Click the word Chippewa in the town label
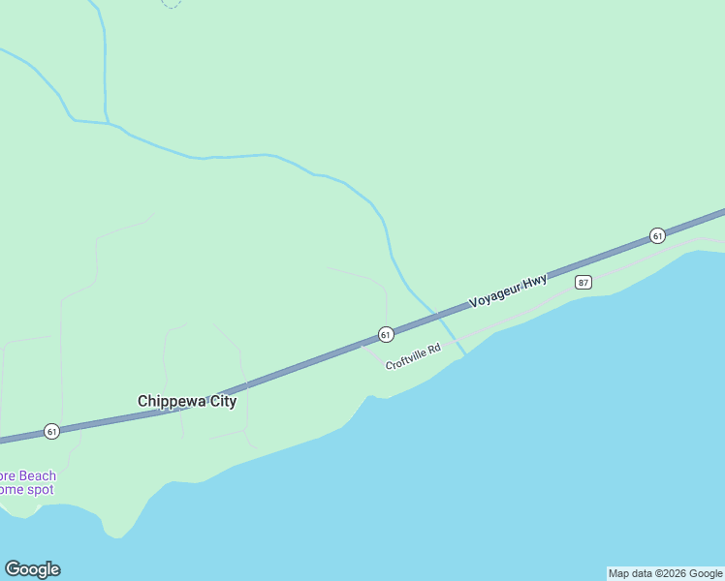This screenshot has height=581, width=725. tap(171, 401)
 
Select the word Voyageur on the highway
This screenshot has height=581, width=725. tap(494, 294)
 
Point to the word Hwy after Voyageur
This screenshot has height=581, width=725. tap(534, 280)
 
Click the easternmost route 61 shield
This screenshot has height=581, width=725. tap(657, 235)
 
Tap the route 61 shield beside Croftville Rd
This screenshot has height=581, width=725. tap(386, 334)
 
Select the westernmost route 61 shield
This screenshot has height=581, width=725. tap(52, 431)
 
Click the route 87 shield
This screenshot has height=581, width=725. tap(583, 282)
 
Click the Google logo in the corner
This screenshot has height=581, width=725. tap(32, 569)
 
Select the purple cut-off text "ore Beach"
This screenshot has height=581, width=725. tap(27, 475)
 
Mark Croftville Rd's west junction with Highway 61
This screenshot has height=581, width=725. tap(363, 344)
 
